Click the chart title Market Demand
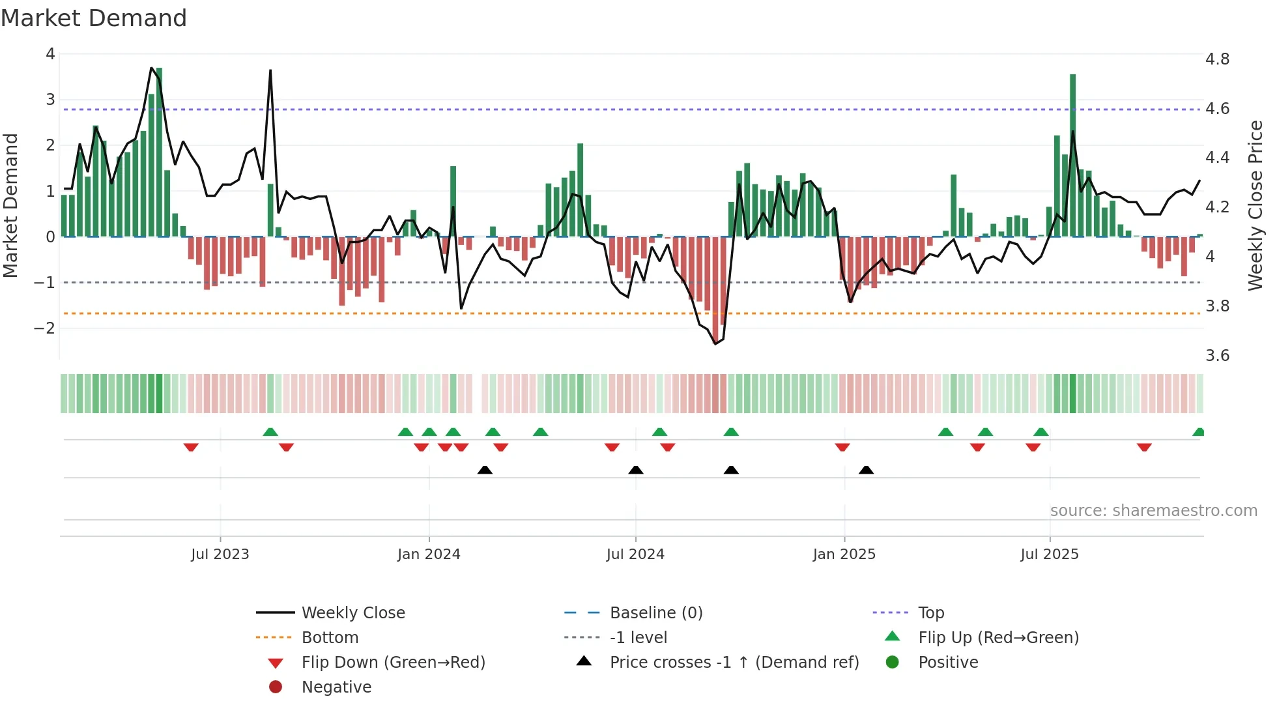[94, 18]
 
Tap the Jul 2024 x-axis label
[635, 554]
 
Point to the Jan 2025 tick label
[844, 554]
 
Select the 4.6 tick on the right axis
[1217, 109]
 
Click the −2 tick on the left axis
[44, 328]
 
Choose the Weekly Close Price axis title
[1255, 205]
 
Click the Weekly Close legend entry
[352, 613]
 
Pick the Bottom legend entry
[330, 638]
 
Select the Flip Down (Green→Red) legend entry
[393, 663]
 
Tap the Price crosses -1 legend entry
[734, 663]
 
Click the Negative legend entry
[336, 687]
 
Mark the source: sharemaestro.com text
[1153, 511]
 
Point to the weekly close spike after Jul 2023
[270, 72]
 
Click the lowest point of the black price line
[715, 343]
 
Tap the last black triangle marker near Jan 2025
[866, 470]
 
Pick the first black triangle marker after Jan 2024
[485, 470]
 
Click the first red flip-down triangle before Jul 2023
[191, 447]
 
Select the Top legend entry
[930, 613]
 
